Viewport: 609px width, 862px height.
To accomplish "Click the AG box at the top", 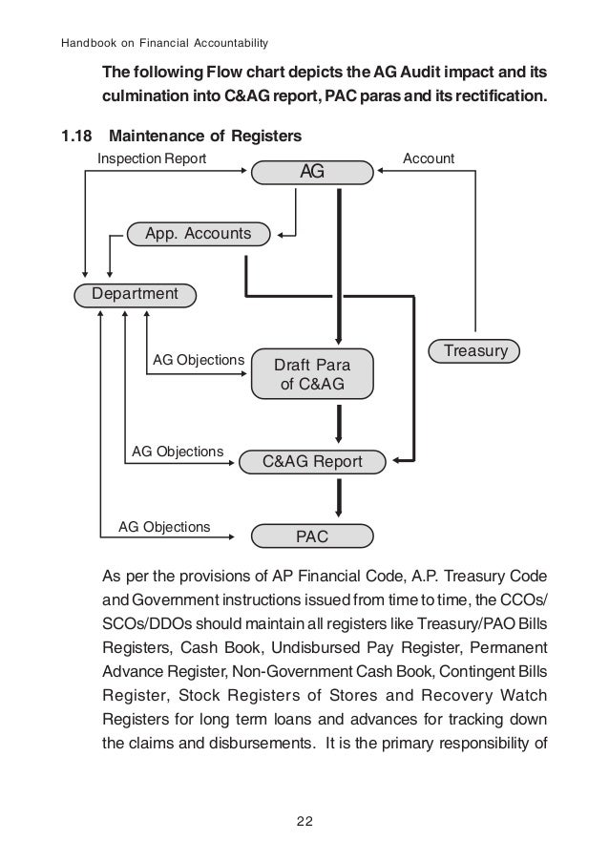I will [x=311, y=173].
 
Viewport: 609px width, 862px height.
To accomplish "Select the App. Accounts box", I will [x=199, y=233].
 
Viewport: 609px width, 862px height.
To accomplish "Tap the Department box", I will [x=135, y=294].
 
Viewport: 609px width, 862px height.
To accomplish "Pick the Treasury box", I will [x=474, y=351].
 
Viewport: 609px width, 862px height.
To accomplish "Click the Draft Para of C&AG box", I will [x=311, y=374].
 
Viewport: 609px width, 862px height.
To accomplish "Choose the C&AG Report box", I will [x=312, y=462].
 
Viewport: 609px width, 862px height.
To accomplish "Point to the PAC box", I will [x=311, y=536].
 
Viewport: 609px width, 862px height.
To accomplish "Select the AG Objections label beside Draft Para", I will [x=199, y=359].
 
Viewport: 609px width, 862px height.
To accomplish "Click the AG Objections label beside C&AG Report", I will [x=177, y=450].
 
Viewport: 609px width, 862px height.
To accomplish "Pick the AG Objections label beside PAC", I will [x=163, y=526].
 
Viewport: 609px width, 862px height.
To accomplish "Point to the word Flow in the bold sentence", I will [x=224, y=74].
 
